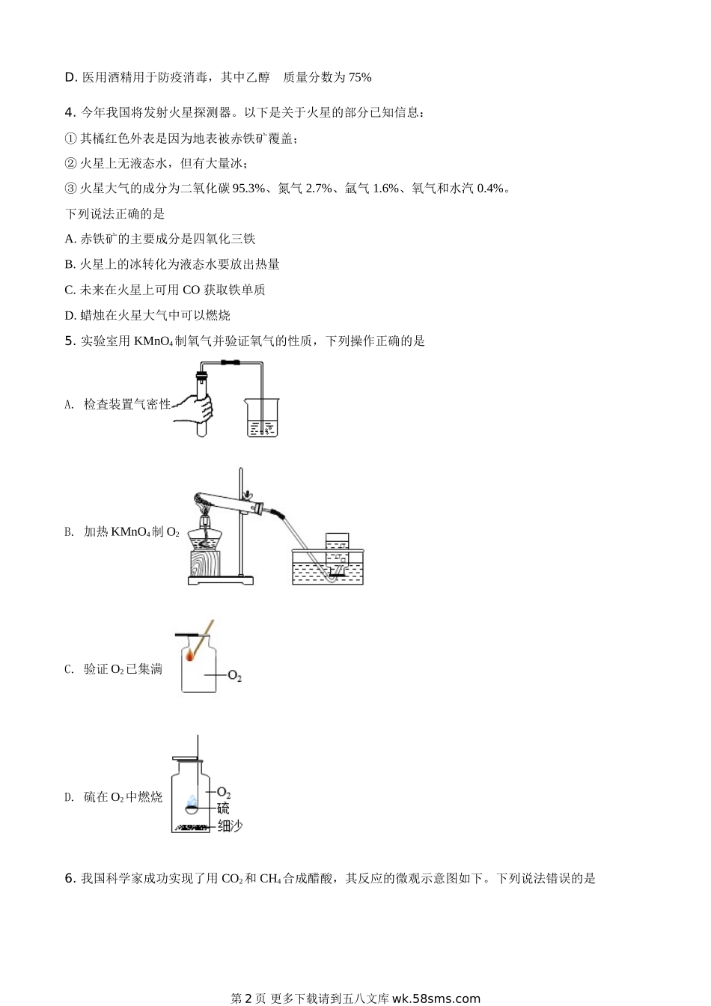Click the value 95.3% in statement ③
248,189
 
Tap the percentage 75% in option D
360,78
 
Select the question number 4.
70,112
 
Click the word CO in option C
191,290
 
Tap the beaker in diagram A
262,417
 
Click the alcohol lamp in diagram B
205,534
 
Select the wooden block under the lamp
205,564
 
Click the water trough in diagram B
328,567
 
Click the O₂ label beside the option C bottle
234,676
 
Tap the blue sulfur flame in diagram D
192,800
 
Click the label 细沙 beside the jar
230,826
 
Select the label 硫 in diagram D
223,808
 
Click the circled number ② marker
71,163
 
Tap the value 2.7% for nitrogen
318,189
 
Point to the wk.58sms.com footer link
436,999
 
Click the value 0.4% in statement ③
490,189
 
